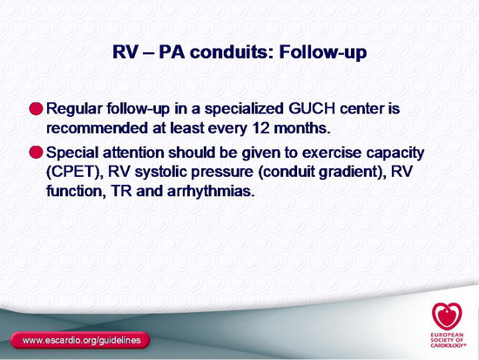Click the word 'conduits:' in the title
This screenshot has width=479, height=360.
tap(232, 51)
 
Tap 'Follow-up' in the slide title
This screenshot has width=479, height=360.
tap(323, 52)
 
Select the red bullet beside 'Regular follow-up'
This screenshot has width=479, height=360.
tap(36, 109)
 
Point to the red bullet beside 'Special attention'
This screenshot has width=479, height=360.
tap(36, 152)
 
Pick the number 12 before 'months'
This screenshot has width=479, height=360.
tap(261, 128)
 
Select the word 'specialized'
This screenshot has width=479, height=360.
tap(244, 110)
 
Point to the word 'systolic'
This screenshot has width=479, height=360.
tap(161, 172)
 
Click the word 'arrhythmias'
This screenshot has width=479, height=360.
tap(211, 192)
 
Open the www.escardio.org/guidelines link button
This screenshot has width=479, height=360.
tap(80, 340)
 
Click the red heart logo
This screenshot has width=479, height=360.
tap(447, 316)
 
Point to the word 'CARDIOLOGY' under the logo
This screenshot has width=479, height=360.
tap(449, 345)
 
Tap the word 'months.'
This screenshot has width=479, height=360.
tap(302, 128)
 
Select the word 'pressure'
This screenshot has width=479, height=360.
tap(222, 173)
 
